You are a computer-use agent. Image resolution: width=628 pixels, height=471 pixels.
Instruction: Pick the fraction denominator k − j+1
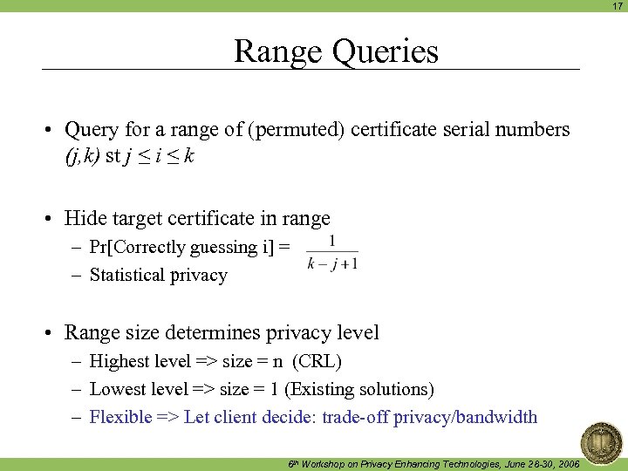click(332, 263)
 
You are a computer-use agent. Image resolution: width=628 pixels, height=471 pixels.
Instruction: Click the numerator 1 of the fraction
click(332, 241)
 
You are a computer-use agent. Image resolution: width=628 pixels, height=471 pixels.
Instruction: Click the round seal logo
click(601, 441)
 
